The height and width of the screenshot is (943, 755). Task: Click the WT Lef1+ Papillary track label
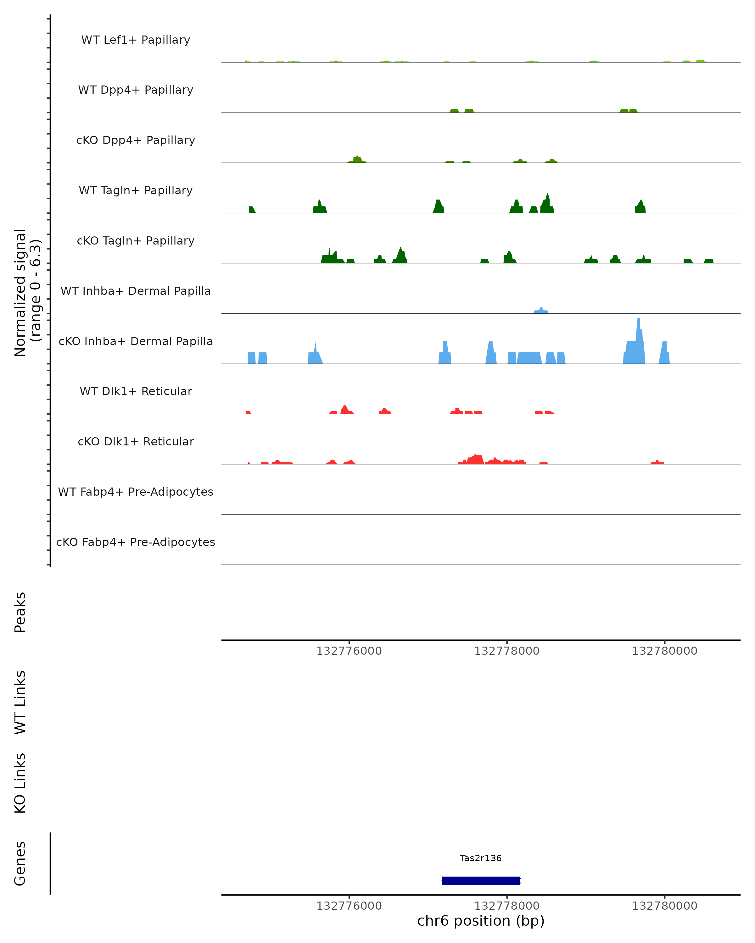(136, 40)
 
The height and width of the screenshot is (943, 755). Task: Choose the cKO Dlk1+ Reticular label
(136, 441)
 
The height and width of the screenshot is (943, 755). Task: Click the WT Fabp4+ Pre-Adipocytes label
(136, 492)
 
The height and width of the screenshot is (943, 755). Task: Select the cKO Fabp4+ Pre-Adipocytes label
(136, 542)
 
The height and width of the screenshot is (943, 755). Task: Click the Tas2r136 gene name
(481, 858)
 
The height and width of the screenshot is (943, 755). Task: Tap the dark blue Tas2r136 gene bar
(481, 880)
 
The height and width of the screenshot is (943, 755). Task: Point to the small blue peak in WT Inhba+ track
(541, 310)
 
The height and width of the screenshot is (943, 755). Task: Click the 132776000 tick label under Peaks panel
(349, 651)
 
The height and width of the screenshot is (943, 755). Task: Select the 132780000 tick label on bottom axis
(664, 906)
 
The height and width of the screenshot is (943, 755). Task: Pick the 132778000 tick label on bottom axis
(507, 906)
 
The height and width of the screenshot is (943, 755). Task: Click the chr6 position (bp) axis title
(481, 921)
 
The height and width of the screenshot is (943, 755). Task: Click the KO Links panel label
(20, 783)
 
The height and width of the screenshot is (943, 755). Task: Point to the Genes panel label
(20, 863)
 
